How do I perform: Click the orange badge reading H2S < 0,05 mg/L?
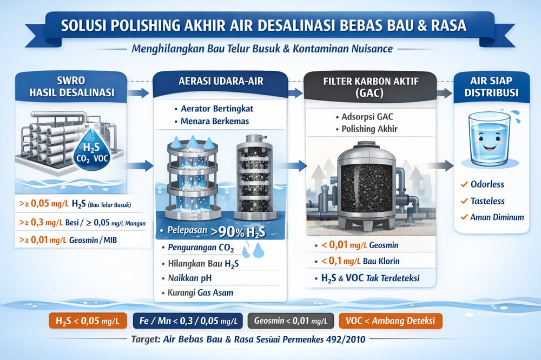[88, 321]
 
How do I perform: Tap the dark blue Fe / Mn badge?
[188, 321]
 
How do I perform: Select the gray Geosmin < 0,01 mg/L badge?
[291, 321]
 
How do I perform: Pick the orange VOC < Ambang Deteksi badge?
[391, 321]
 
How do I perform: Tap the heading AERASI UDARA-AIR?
[221, 82]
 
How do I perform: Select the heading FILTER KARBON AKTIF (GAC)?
[371, 87]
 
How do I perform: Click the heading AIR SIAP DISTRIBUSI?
[491, 86]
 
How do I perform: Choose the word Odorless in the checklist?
[487, 184]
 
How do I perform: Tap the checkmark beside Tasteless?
[464, 201]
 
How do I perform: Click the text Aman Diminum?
[497, 217]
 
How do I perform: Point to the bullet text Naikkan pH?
[190, 278]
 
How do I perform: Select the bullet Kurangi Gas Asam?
[201, 293]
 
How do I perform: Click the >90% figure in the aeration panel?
[227, 232]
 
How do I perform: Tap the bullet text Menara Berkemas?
[215, 121]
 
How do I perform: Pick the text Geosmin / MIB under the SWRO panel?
[93, 240]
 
